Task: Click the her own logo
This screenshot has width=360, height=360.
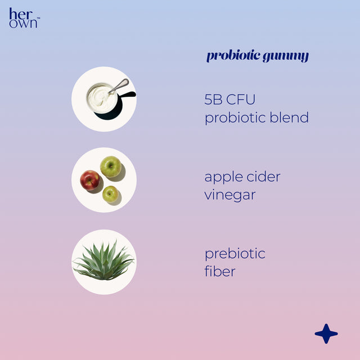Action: [x=23, y=19]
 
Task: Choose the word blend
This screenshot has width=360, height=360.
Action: [x=289, y=118]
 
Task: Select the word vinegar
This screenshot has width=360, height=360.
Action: [x=230, y=195]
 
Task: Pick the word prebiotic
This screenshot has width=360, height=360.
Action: [x=235, y=254]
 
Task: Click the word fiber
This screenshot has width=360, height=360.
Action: [x=220, y=272]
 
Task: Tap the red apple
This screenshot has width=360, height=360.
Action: [x=90, y=180]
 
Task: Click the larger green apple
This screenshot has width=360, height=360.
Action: [x=111, y=166]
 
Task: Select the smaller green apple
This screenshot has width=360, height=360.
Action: [x=110, y=194]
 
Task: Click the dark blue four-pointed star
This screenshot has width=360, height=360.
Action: [x=326, y=334]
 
